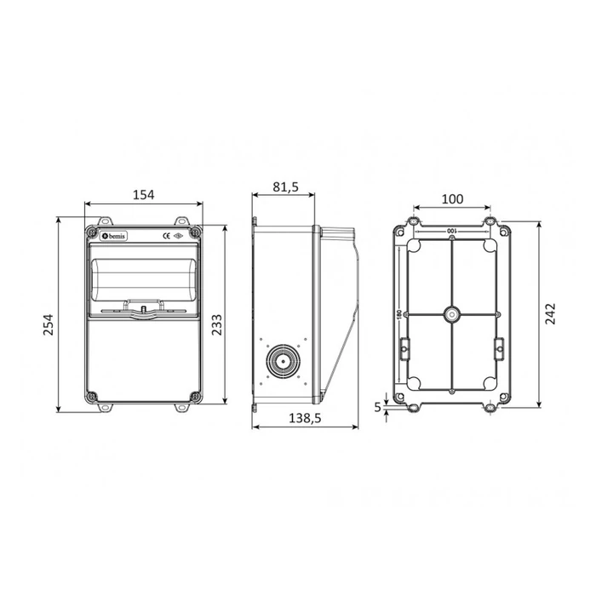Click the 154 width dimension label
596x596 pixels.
143,195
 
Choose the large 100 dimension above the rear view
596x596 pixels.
451,198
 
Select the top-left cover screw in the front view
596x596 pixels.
92,231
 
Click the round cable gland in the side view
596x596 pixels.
279,362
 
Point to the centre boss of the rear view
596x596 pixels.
451,314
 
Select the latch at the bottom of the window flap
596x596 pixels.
144,308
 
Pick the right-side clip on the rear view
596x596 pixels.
499,347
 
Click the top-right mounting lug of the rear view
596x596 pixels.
490,222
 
